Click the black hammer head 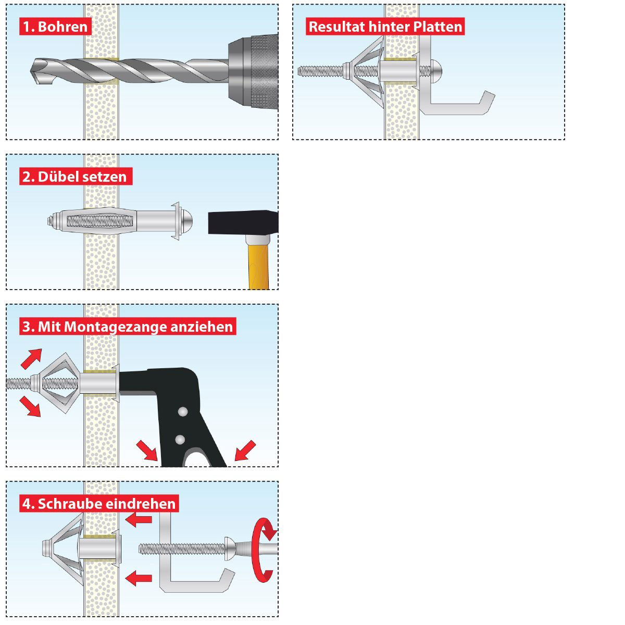point(243,223)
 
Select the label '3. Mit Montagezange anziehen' point(128,327)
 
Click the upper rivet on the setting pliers point(181,412)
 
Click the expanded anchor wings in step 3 point(57,384)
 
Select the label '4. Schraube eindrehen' point(99,504)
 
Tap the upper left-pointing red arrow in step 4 point(139,519)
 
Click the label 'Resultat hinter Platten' point(385,27)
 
